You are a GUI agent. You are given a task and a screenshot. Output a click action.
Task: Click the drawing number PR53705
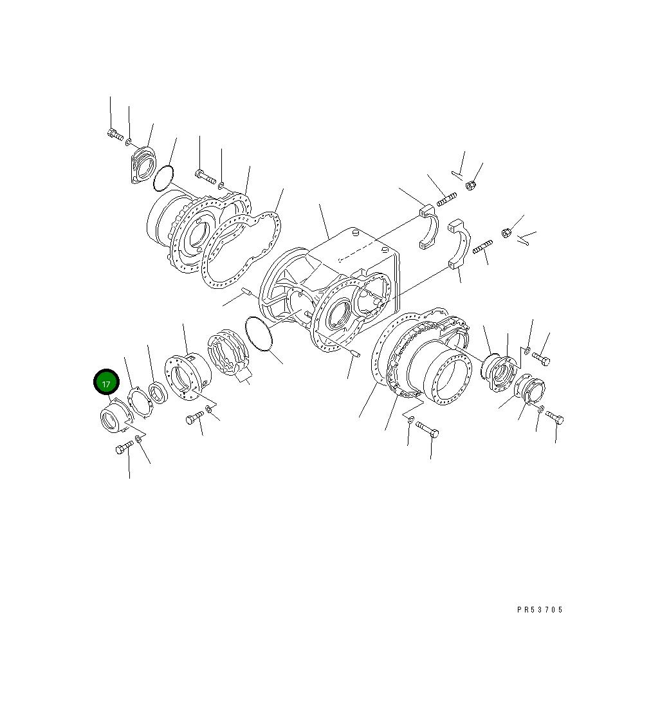pyautogui.click(x=540, y=609)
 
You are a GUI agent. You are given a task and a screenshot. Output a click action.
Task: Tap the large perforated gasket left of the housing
pyautogui.click(x=241, y=250)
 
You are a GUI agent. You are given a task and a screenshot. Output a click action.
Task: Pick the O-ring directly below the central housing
pyautogui.click(x=259, y=334)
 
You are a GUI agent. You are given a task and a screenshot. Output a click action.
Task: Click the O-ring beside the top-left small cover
pyautogui.click(x=163, y=178)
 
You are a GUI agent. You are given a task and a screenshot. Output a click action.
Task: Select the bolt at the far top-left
pyautogui.click(x=116, y=134)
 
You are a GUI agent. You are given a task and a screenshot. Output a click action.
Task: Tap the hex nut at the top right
pyautogui.click(x=470, y=185)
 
